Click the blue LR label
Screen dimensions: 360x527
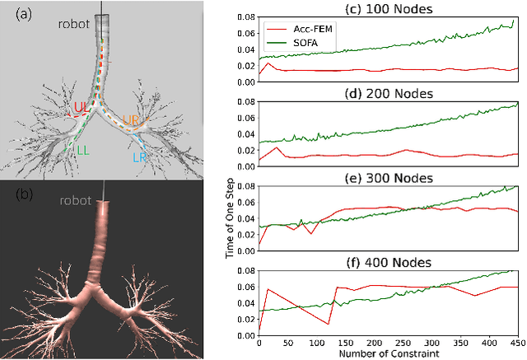(139, 156)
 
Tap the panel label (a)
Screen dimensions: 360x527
(14, 12)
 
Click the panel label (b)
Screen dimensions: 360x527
(14, 194)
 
